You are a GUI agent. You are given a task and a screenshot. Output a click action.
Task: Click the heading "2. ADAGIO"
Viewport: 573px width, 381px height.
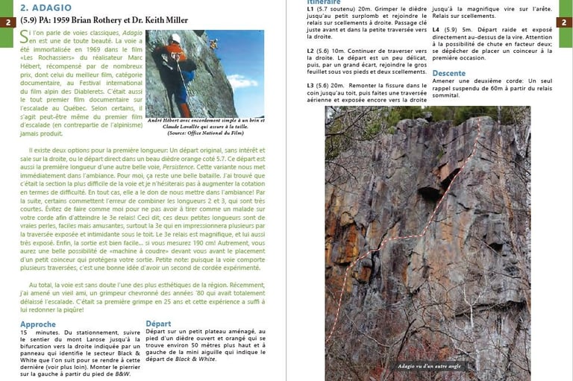tap(46, 8)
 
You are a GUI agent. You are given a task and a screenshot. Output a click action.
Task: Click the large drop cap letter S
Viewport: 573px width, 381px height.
tap(25, 37)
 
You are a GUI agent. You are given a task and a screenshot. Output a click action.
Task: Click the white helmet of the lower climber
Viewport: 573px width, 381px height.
tap(176, 39)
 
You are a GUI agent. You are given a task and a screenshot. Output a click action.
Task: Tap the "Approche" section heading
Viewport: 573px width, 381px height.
tap(38, 324)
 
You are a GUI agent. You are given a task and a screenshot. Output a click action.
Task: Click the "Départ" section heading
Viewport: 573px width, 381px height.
tap(158, 324)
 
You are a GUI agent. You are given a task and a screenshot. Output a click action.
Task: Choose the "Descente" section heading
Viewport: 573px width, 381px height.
tap(449, 73)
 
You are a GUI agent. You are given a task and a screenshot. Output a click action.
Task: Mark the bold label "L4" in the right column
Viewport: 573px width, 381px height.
tap(436, 30)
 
